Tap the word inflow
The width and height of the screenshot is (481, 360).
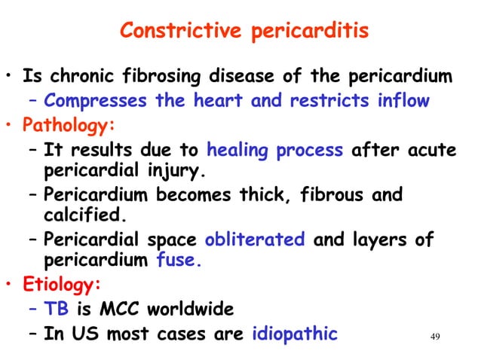[403, 100]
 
